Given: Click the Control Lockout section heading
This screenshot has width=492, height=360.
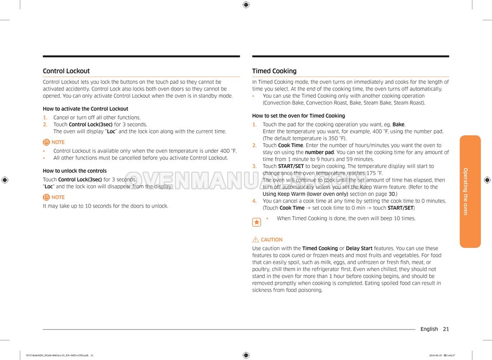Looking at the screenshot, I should click(x=66, y=71).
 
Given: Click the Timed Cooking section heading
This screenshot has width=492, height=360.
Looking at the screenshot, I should click(x=274, y=71).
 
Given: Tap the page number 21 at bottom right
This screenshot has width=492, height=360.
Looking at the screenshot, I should click(x=445, y=329).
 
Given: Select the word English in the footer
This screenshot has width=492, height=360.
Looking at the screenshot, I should click(x=429, y=329).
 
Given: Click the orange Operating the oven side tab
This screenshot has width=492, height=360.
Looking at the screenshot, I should click(x=469, y=191).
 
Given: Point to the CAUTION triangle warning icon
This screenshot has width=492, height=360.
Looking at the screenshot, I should click(x=255, y=240).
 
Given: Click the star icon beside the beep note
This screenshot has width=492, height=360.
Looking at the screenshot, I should click(x=256, y=222).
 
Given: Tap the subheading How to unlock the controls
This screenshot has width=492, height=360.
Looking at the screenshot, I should click(x=74, y=171).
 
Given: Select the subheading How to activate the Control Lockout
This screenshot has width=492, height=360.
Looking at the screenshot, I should click(x=85, y=109).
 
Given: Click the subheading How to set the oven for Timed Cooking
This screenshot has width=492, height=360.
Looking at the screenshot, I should click(x=298, y=116).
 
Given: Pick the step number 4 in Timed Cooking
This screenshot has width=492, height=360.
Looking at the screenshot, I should click(x=254, y=201).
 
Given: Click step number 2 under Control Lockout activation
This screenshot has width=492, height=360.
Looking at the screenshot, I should click(x=45, y=125).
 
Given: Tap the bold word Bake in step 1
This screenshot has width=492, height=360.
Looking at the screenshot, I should click(x=398, y=125).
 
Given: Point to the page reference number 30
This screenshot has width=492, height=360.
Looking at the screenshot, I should click(x=392, y=194).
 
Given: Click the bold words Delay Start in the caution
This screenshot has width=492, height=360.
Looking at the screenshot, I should click(x=359, y=249).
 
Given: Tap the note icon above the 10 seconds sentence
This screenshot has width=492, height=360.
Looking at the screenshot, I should click(x=46, y=197).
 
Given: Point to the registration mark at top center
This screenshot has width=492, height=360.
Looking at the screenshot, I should click(x=246, y=5).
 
